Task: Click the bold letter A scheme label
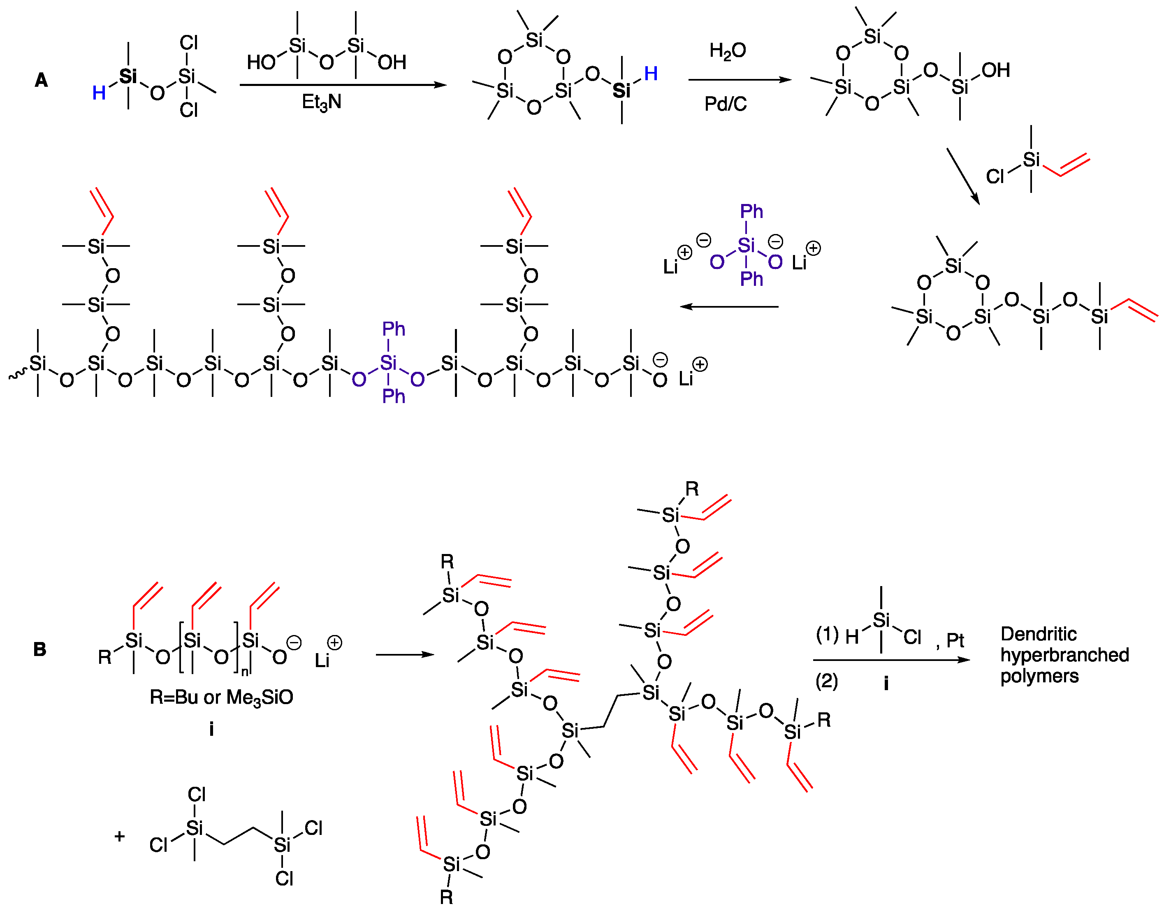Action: pos(41,81)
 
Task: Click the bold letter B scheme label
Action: pos(39,650)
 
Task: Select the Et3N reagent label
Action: pos(321,102)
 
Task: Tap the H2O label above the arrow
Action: pos(727,51)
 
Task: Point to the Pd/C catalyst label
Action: pos(725,104)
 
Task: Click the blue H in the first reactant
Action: pos(99,93)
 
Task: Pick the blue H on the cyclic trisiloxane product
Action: pos(650,74)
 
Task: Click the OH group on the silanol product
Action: pos(995,70)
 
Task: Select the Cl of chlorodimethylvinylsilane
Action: pos(995,176)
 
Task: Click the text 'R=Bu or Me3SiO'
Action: pos(221,698)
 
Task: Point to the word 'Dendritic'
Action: pos(1038,634)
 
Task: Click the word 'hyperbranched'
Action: pos(1064,655)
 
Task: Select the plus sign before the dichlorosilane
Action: pos(120,836)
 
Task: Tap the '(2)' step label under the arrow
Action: pos(826,682)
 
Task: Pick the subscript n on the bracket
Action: pos(245,672)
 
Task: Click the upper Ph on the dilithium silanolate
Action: pos(751,212)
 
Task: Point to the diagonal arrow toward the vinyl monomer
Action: pos(963,176)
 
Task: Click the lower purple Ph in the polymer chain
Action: pos(394,396)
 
